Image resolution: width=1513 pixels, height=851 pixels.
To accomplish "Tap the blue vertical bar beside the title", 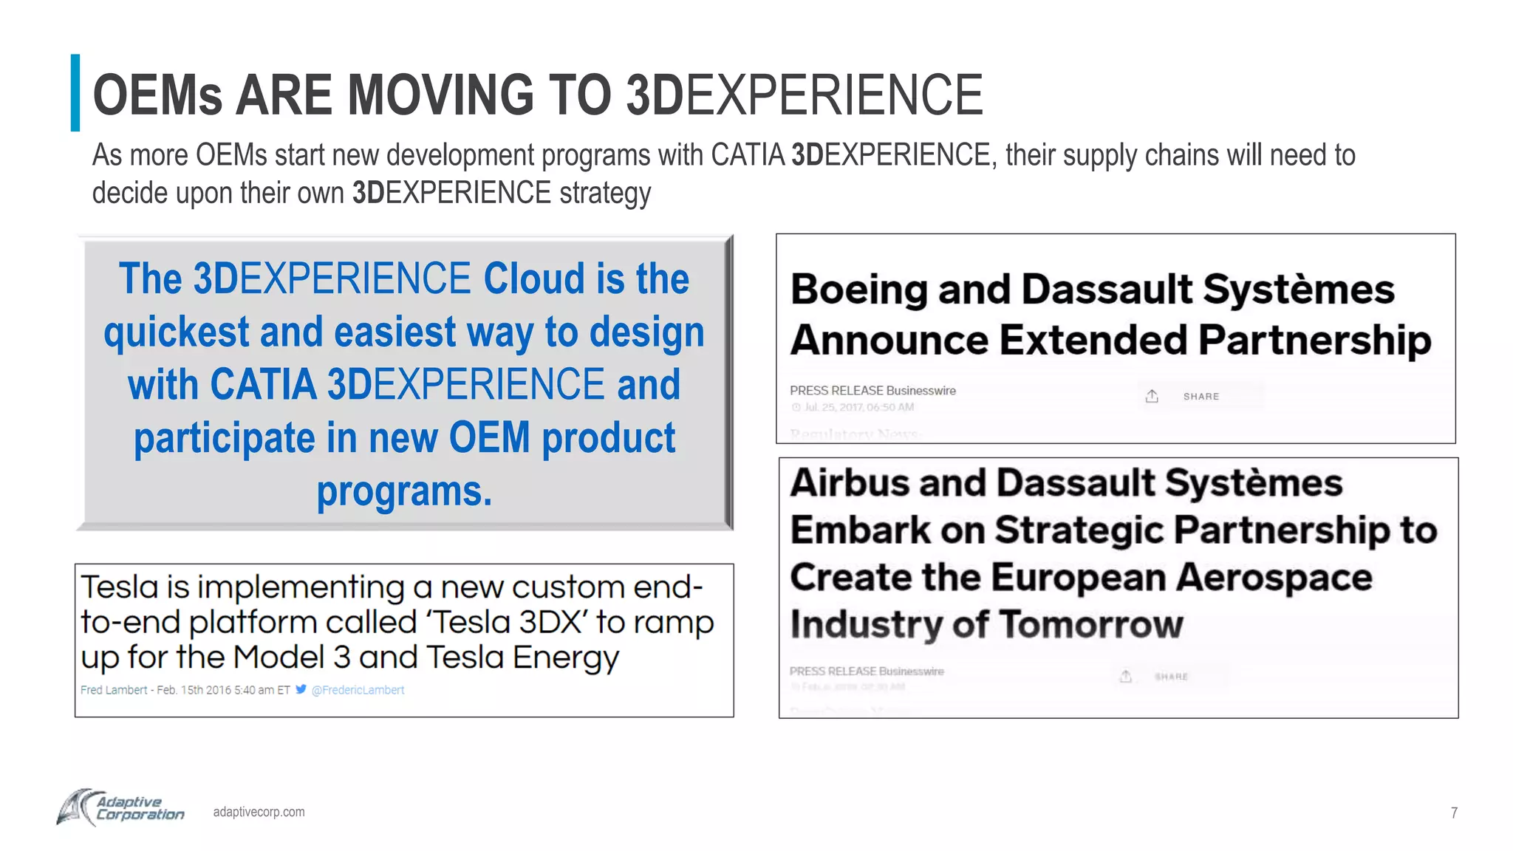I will tap(75, 93).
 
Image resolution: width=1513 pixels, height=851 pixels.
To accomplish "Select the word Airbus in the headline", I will tap(850, 483).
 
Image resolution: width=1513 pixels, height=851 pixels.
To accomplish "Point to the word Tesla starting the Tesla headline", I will tap(120, 587).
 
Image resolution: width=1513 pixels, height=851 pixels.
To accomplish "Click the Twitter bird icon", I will tap(301, 689).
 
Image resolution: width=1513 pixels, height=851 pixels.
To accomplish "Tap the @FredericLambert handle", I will tap(358, 690).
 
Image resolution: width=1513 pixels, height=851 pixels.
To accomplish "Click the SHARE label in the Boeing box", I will tap(1201, 397).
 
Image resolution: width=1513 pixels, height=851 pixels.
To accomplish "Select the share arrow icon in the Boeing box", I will tap(1152, 396).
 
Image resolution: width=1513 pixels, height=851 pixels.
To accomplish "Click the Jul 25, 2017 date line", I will tap(858, 407).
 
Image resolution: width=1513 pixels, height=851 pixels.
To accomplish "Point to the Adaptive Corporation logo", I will tap(121, 808).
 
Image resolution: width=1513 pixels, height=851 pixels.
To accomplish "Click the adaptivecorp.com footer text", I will tap(259, 812).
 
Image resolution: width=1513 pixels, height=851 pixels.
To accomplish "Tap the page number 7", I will tap(1453, 813).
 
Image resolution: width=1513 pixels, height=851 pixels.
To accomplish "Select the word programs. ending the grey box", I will tap(404, 492).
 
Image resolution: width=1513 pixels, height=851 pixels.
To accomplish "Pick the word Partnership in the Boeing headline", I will tap(1314, 341).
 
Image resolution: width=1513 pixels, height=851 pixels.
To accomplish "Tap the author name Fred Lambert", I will tap(114, 690).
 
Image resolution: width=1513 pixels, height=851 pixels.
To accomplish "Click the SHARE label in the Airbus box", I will tap(1171, 677).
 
